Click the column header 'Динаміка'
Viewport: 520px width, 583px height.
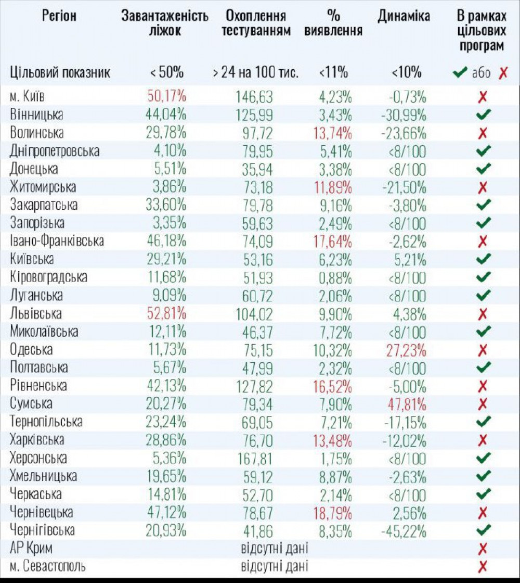(404, 17)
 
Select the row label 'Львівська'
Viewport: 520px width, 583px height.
(36, 313)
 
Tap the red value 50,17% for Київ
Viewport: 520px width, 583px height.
(167, 96)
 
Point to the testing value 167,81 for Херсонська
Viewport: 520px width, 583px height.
(255, 458)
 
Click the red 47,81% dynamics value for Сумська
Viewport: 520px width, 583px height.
(408, 403)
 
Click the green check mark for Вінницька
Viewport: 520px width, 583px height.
(483, 115)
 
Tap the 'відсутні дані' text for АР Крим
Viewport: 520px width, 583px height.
(275, 548)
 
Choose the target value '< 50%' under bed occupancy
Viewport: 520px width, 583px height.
(167, 72)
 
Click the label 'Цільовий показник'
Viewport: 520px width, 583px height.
(60, 72)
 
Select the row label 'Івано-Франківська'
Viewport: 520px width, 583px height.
(57, 241)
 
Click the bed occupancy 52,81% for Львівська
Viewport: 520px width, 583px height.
(167, 313)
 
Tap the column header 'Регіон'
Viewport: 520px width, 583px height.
(59, 17)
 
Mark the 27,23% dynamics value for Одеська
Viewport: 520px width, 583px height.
(408, 349)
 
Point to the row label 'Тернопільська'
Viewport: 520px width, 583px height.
(46, 422)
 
